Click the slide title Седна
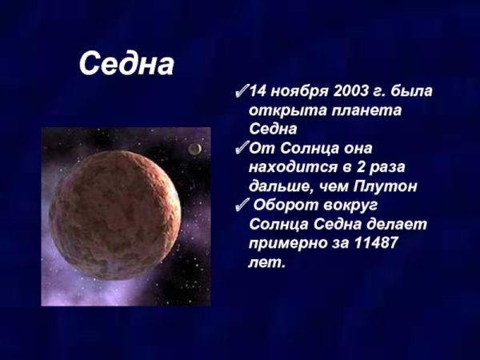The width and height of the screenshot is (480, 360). (x=126, y=65)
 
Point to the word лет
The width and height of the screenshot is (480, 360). (x=266, y=262)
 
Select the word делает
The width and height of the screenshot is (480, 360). (x=400, y=225)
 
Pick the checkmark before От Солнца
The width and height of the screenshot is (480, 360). (x=242, y=149)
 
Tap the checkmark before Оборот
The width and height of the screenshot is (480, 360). (x=242, y=206)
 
